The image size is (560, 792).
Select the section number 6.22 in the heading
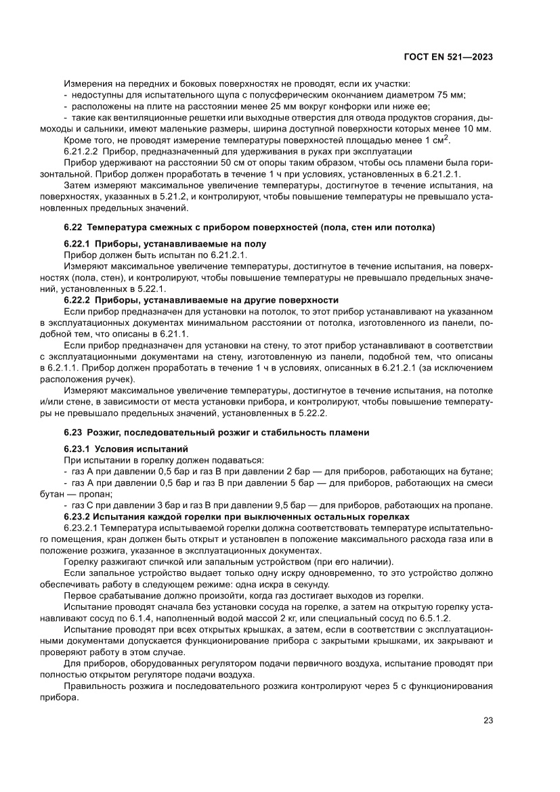click(x=73, y=226)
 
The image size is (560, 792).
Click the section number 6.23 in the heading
click(x=73, y=432)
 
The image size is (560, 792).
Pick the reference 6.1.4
click(x=119, y=620)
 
